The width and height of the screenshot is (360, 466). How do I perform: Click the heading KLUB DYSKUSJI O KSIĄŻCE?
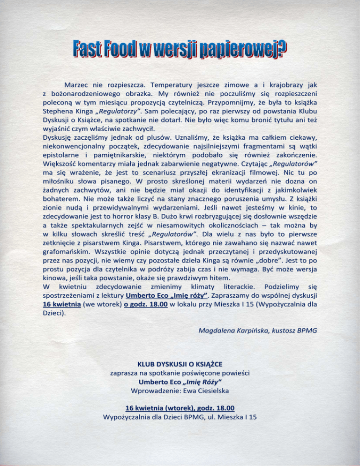[x=180, y=364]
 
